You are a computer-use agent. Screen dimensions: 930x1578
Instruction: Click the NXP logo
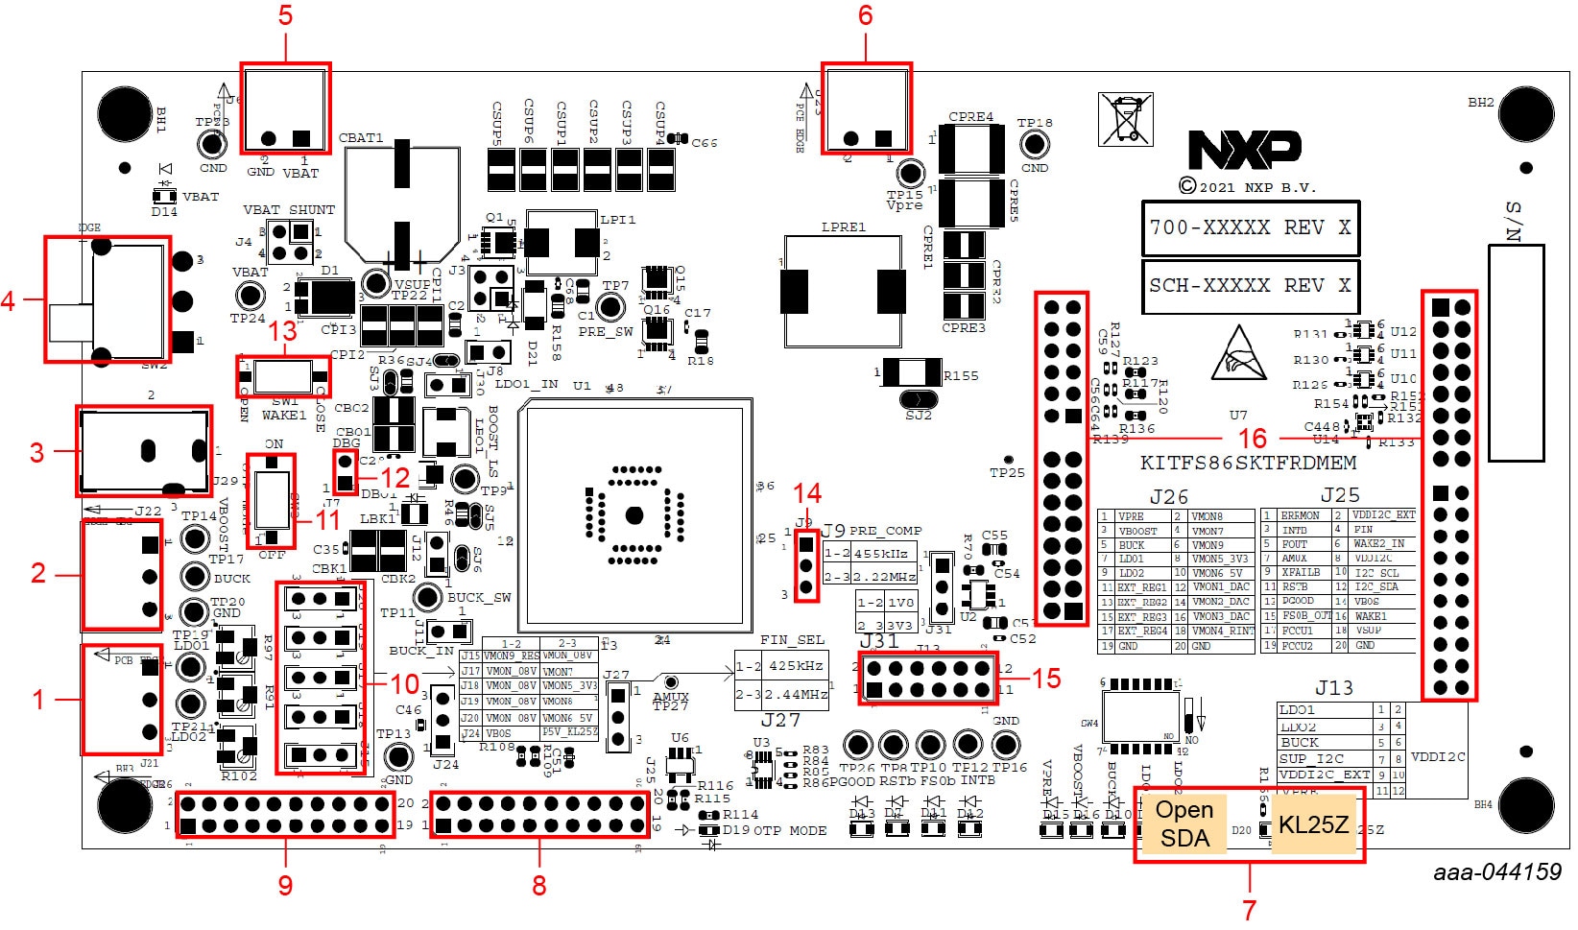1245,151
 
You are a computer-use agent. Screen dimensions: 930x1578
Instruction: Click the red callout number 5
285,15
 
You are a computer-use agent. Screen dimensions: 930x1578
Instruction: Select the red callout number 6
865,15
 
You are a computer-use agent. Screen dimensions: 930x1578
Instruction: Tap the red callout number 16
1252,439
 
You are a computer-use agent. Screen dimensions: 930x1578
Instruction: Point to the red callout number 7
1249,908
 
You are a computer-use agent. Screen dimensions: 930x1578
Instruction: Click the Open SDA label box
1184,823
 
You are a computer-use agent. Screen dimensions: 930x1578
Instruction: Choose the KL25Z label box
1313,823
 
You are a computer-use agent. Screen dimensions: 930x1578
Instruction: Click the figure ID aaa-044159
1497,871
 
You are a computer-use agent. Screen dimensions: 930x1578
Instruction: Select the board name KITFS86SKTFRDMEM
1248,463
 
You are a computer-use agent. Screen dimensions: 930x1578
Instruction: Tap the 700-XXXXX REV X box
1250,228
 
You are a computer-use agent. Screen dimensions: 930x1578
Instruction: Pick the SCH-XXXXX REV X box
1250,286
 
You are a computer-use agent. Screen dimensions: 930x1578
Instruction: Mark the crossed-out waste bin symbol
1125,119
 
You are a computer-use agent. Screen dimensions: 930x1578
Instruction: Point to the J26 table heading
1168,496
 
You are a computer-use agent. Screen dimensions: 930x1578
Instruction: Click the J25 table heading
1339,495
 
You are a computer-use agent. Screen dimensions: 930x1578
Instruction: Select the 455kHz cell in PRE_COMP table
883,554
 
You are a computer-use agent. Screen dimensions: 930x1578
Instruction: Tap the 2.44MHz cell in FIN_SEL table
796,694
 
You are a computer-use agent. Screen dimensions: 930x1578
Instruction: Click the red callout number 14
807,493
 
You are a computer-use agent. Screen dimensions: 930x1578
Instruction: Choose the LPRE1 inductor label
844,227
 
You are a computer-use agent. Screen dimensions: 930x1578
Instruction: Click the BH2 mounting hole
1525,115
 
